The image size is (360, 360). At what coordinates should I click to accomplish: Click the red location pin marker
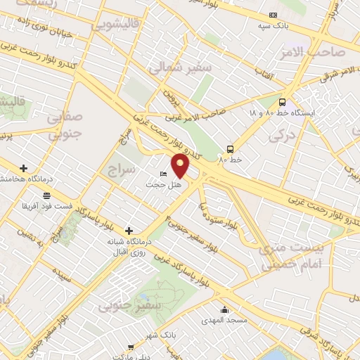click(x=181, y=166)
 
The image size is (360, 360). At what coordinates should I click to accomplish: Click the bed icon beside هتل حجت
click(x=164, y=174)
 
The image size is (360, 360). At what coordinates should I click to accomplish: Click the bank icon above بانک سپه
click(x=274, y=15)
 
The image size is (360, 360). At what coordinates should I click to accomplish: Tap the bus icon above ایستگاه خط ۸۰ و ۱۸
click(x=282, y=101)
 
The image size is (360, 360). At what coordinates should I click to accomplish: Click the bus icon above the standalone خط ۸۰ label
click(x=230, y=148)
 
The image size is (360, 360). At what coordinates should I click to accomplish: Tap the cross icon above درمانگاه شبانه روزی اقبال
click(x=129, y=230)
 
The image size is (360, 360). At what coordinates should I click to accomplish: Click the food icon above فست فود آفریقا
click(x=46, y=195)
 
